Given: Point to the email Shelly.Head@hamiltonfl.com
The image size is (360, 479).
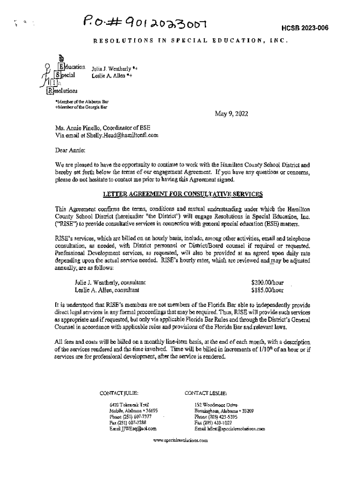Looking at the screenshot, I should click(121, 135).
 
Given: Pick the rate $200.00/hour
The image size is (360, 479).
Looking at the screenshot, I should click(267, 283).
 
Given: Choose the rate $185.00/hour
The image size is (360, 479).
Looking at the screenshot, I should click(267, 290).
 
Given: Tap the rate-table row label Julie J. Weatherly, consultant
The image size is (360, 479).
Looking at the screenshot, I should click(110, 283).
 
